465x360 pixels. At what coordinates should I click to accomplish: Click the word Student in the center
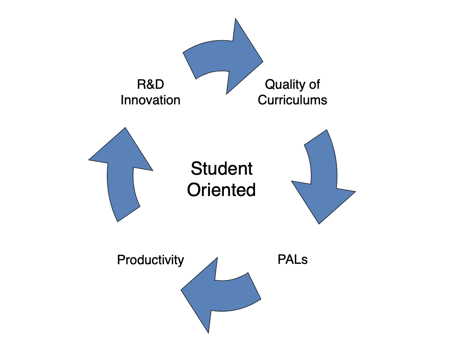(221, 168)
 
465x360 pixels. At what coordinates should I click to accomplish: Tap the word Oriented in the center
(221, 190)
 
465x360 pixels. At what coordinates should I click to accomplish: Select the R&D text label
(150, 85)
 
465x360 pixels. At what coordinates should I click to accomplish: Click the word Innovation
(150, 100)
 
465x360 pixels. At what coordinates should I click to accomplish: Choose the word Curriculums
(292, 100)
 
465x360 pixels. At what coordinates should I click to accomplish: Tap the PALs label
(292, 259)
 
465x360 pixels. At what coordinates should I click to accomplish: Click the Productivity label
(150, 260)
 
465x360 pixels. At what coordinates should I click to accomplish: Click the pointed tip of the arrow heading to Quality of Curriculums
(262, 62)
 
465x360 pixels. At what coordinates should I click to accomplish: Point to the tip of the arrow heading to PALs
(319, 224)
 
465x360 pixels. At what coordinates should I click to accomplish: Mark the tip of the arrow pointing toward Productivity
(182, 289)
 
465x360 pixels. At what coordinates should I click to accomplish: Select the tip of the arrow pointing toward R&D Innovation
(125, 128)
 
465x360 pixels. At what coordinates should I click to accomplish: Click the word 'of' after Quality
(314, 85)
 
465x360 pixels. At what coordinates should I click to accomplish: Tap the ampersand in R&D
(150, 85)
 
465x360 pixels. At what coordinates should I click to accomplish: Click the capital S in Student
(196, 168)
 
